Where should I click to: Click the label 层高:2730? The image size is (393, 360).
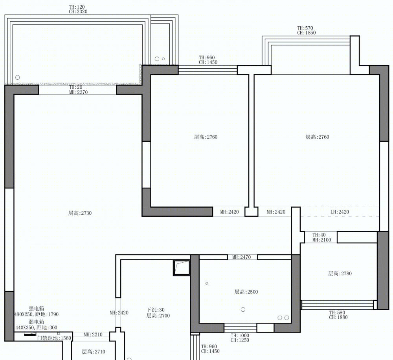coord(80,213)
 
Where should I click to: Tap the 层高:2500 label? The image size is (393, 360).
coord(246,292)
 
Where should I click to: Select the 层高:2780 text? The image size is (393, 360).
coord(340,274)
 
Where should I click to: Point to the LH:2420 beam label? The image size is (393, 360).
coord(340,212)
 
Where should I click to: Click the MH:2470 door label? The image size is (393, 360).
coord(241,257)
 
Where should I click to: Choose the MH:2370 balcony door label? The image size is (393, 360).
coord(79,92)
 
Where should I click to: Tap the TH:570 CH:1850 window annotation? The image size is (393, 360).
coord(306,30)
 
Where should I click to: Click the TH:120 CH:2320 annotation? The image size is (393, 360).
coord(78,9)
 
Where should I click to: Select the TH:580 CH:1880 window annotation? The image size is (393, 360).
coord(338,315)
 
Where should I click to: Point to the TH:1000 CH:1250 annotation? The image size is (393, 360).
coord(240,338)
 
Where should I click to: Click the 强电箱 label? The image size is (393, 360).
coord(36,309)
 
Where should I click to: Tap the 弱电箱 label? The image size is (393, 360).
coord(36,322)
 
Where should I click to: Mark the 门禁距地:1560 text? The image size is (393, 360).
coord(54,338)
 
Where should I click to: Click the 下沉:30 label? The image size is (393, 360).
coord(155,310)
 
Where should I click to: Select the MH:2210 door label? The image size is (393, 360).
coord(93,334)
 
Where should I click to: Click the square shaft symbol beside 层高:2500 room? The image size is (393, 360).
coord(182,268)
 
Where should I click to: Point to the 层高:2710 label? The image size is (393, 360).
coord(94,352)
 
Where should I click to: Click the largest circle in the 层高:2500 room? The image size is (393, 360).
coord(243,310)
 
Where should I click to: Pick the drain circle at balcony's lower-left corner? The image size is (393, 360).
coord(18,77)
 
